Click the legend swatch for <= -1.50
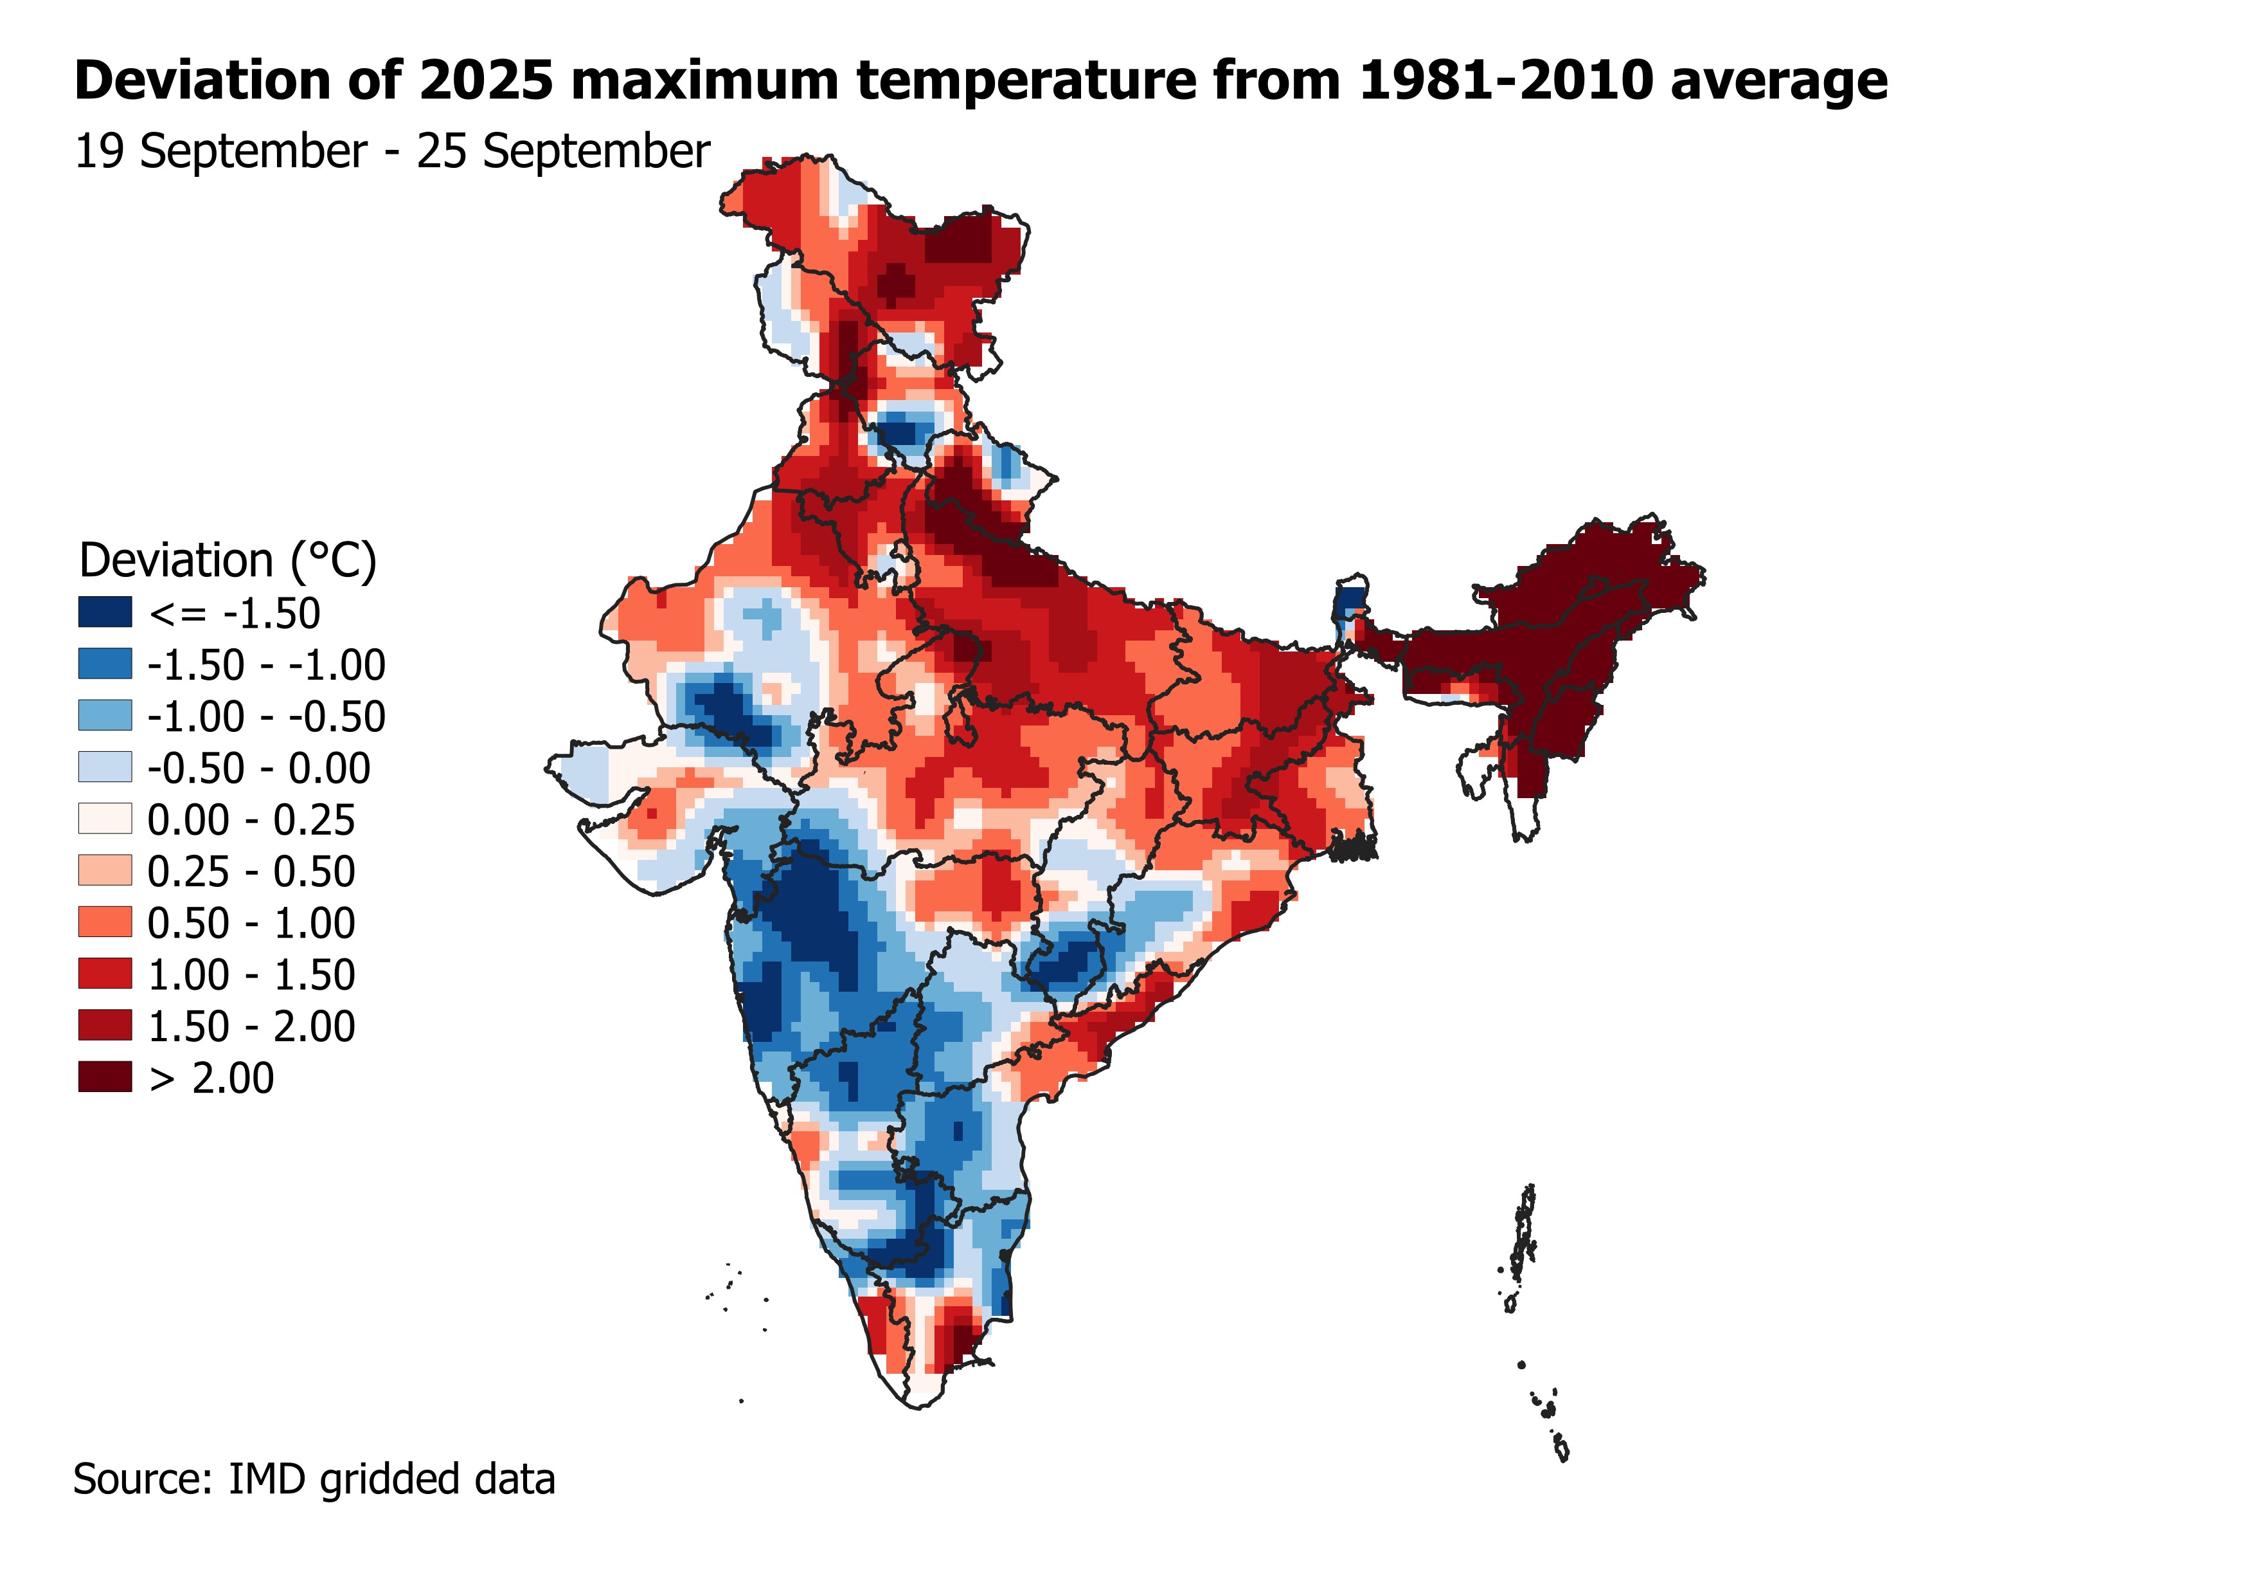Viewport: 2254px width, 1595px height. [x=104, y=612]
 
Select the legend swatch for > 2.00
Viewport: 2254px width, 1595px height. [x=104, y=1077]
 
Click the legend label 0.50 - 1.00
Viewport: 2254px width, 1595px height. [x=251, y=922]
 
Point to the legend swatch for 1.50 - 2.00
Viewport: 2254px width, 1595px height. [x=104, y=1025]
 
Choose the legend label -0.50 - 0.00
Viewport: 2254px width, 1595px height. [x=259, y=768]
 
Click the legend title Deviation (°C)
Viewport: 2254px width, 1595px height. [x=228, y=561]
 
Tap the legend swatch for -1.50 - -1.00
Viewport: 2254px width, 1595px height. [x=104, y=664]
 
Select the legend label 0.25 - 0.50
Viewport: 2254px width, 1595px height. [x=251, y=871]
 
